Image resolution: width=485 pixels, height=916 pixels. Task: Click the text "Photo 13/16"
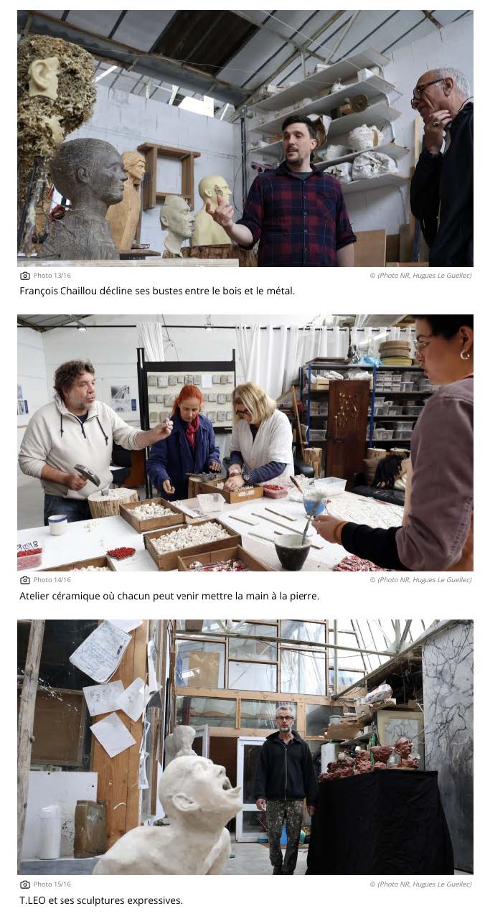[52, 275]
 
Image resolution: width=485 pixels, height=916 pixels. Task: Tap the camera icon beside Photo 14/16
[25, 580]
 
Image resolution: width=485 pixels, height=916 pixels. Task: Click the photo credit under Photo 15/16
[421, 884]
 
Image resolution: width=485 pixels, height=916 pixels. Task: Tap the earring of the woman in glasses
[464, 354]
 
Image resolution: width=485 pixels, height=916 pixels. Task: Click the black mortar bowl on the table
[292, 551]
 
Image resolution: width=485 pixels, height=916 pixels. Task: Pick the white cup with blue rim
[57, 525]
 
